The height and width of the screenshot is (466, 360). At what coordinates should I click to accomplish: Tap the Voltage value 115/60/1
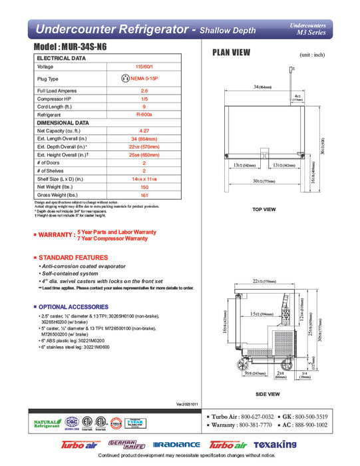(x=144, y=67)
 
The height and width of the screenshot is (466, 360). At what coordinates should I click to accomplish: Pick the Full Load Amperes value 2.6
(x=144, y=90)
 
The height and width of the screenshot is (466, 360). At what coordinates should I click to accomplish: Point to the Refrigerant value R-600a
(x=144, y=115)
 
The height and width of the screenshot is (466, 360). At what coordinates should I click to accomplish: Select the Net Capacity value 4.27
(x=144, y=130)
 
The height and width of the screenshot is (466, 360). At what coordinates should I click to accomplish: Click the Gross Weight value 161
(x=144, y=194)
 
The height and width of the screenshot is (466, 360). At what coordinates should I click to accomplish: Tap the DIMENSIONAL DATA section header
(x=63, y=122)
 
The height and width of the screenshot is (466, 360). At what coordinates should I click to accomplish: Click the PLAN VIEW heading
(x=230, y=53)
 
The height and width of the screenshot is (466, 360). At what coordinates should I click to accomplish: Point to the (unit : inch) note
(x=311, y=55)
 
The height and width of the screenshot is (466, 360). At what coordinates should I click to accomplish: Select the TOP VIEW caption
(x=264, y=210)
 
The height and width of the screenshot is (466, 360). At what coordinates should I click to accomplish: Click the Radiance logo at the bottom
(x=176, y=444)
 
